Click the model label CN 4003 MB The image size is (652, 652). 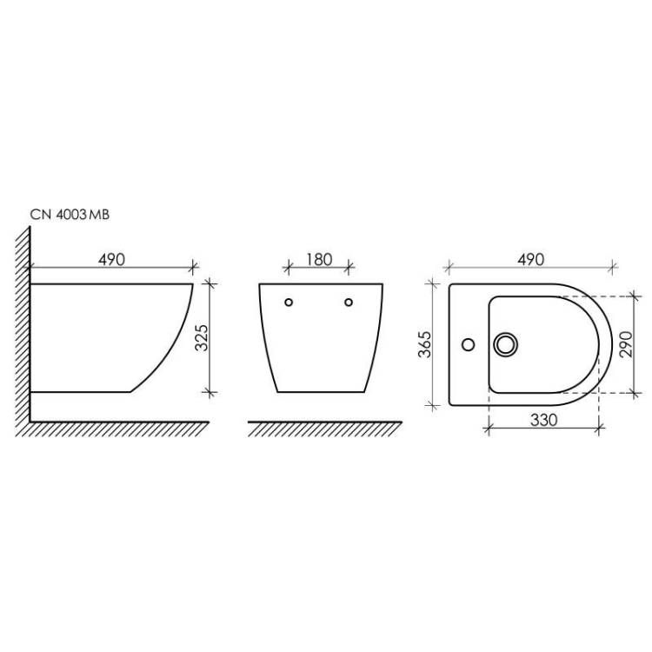tap(70, 215)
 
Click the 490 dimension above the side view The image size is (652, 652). tap(111, 259)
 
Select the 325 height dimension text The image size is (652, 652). tap(202, 337)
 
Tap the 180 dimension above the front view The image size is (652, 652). tap(319, 259)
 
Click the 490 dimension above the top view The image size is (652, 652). tap(530, 259)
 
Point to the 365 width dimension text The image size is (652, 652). tap(425, 344)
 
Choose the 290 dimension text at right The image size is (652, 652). tap(626, 344)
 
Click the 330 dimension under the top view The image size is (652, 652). tap(543, 420)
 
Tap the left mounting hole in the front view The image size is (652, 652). tap(289, 303)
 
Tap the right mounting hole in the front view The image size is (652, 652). tap(349, 303)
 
